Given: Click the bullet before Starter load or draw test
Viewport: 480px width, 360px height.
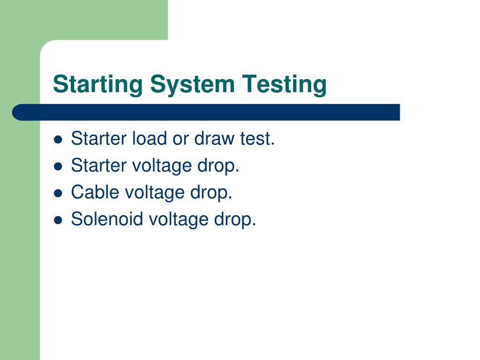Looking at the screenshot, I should pos(59,139).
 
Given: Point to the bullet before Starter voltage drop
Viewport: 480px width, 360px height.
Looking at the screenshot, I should pos(59,166).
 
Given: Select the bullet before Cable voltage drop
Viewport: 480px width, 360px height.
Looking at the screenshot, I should pos(59,193).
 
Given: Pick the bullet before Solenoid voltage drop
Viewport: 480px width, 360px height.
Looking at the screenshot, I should pos(59,219).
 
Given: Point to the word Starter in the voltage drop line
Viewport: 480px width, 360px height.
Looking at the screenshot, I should pos(98,165).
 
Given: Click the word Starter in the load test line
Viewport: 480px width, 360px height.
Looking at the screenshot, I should pos(98,139).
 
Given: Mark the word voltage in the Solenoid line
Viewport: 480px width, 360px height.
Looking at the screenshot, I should pos(178,219).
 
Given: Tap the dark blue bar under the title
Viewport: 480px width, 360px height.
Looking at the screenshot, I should pos(206,112).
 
